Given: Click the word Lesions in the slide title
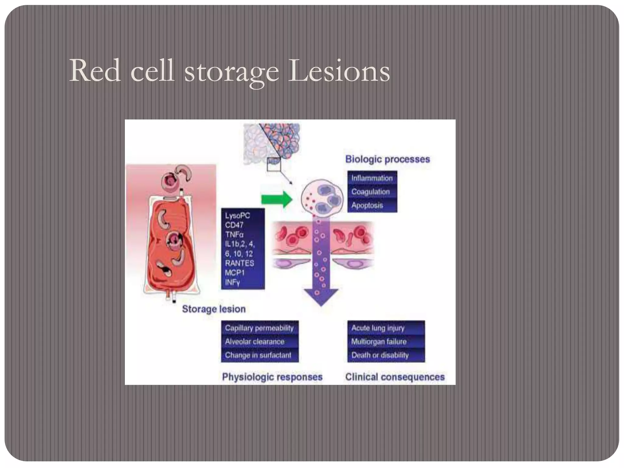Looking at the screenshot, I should pos(339,71).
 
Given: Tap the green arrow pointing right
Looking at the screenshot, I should pos(277,199).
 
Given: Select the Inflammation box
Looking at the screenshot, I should pos(372,178).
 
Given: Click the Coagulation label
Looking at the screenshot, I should pos(370,192).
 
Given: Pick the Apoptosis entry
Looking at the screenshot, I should pos(367,205).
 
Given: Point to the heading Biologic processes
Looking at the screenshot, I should pos(387,159).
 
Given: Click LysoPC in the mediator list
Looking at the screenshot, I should pos(237,216).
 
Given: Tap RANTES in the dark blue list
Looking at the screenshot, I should pos(239,263).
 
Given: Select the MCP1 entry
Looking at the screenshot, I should pos(235,273).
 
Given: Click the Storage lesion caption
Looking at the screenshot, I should pos(214,309).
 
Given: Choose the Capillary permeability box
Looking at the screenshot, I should pos(259,328).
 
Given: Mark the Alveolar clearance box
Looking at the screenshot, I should pos(255,342).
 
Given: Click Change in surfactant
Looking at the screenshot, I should pos(258,355).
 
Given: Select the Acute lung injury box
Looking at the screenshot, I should pos(378,328).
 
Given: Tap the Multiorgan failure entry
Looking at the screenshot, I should pos(379,342).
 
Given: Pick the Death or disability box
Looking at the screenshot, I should pos(380,355).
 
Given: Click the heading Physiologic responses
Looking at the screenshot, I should pos(272,377).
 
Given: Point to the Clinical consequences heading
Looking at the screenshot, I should pos(395,377).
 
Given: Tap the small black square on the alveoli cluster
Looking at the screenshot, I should pos(274,164).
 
